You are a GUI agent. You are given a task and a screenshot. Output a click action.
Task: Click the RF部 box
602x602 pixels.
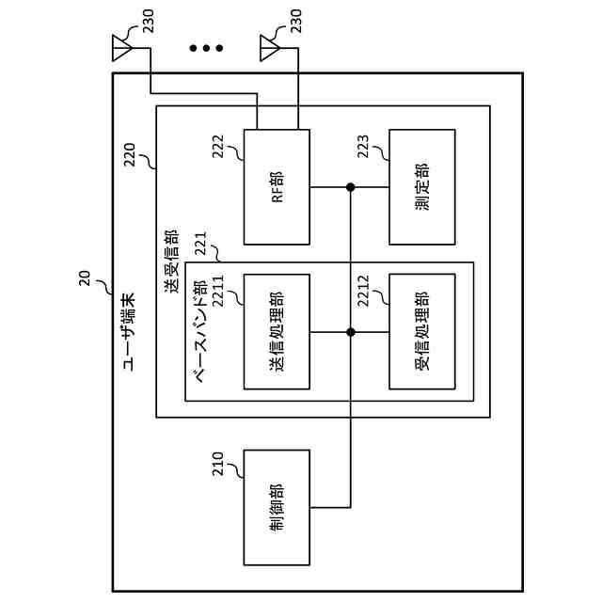(x=277, y=187)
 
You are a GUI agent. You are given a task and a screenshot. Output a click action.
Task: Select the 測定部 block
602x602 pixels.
(x=422, y=187)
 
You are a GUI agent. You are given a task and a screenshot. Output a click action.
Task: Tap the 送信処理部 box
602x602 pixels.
(x=277, y=332)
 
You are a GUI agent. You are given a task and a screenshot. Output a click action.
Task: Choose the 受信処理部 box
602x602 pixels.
(x=422, y=332)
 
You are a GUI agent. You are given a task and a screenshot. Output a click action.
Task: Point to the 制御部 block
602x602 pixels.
(x=277, y=508)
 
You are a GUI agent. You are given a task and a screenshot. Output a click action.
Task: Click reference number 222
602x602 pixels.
(x=218, y=147)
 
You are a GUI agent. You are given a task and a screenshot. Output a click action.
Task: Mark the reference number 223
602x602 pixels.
(x=363, y=147)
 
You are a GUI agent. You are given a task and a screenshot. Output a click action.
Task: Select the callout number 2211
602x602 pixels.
(x=218, y=291)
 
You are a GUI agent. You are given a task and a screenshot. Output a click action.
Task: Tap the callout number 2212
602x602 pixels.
(x=363, y=291)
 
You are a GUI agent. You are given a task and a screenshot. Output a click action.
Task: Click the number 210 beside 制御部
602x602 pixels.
(x=218, y=464)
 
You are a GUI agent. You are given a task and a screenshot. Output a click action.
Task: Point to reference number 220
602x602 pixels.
(x=130, y=154)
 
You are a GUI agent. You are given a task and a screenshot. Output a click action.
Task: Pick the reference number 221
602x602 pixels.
(x=200, y=244)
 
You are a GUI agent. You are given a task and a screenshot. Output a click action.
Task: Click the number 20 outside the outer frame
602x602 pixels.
(x=85, y=278)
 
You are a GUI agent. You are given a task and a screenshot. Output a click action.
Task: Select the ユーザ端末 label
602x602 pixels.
(x=129, y=332)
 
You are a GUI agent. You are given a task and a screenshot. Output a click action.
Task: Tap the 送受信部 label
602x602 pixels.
(x=171, y=261)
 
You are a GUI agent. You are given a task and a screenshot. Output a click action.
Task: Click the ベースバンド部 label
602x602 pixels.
(x=200, y=331)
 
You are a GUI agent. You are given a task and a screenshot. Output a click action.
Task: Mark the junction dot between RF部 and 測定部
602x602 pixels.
(x=350, y=187)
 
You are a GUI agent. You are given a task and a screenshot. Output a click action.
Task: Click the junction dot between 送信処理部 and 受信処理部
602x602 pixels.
(x=350, y=332)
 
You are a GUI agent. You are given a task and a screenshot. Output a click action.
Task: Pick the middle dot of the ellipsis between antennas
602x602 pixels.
(x=206, y=48)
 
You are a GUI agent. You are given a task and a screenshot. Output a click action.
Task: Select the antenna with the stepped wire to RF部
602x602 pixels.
(x=122, y=48)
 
